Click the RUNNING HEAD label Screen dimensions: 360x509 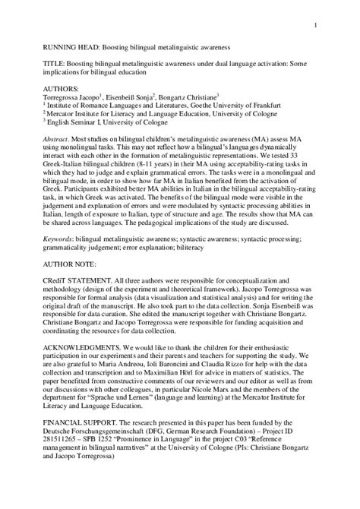coord(55,48)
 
